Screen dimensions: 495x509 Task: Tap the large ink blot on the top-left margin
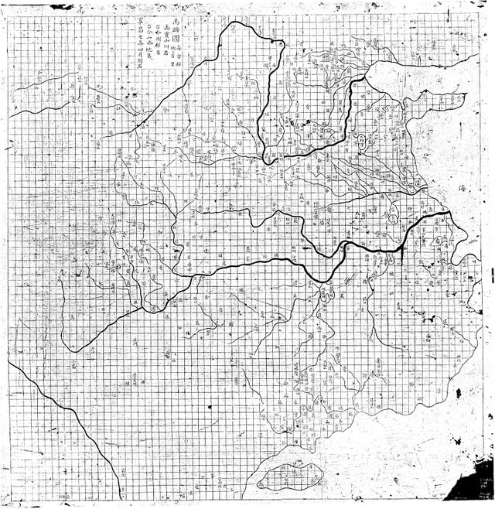pyautogui.click(x=60, y=6)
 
